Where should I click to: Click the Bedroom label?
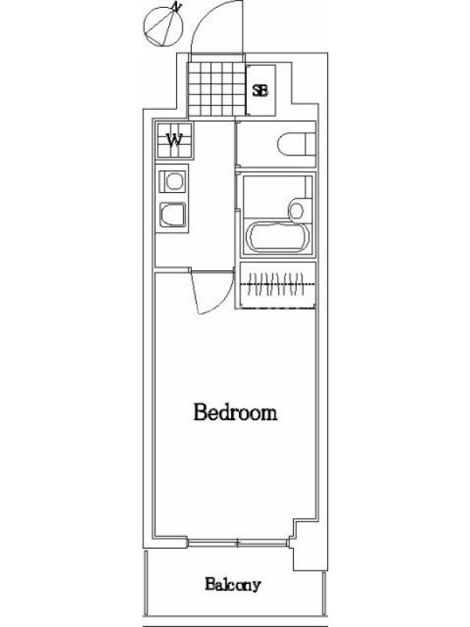[x=236, y=412]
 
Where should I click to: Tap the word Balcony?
[x=233, y=585]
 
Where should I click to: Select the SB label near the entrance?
[x=260, y=91]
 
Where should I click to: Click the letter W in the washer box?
[x=174, y=140]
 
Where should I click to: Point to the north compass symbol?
[x=163, y=26]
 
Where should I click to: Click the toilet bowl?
[x=291, y=144]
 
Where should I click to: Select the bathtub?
[x=278, y=237]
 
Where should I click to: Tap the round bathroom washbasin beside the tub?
[x=297, y=210]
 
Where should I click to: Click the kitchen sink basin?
[x=173, y=215]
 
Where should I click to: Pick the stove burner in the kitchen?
[x=173, y=182]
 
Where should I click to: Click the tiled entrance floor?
[x=216, y=89]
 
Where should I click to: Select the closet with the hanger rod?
[x=277, y=285]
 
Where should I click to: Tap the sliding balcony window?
[x=237, y=543]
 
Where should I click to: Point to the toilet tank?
[x=310, y=144]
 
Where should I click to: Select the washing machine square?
[x=174, y=140]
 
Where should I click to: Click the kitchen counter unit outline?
[x=172, y=199]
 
